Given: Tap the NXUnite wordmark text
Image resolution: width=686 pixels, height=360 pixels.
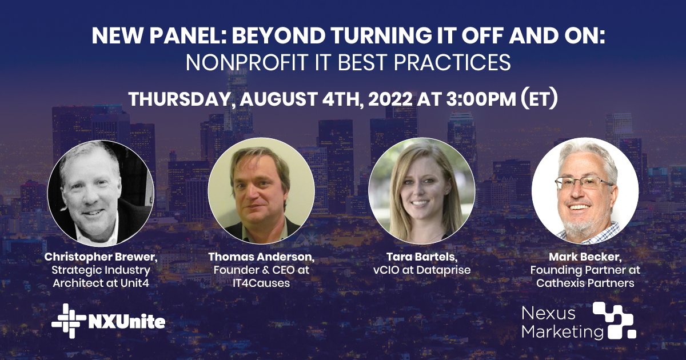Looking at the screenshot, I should point(126,322).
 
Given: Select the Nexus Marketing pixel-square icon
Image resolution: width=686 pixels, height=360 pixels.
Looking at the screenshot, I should point(615,320).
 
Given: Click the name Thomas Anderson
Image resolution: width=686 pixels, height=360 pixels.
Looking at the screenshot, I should point(261,257).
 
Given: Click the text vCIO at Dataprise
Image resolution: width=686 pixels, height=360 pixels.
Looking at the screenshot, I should point(422,269).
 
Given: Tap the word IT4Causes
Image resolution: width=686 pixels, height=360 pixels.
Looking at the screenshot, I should point(261,282).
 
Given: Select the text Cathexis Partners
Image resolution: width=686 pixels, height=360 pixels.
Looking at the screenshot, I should point(585,282).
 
